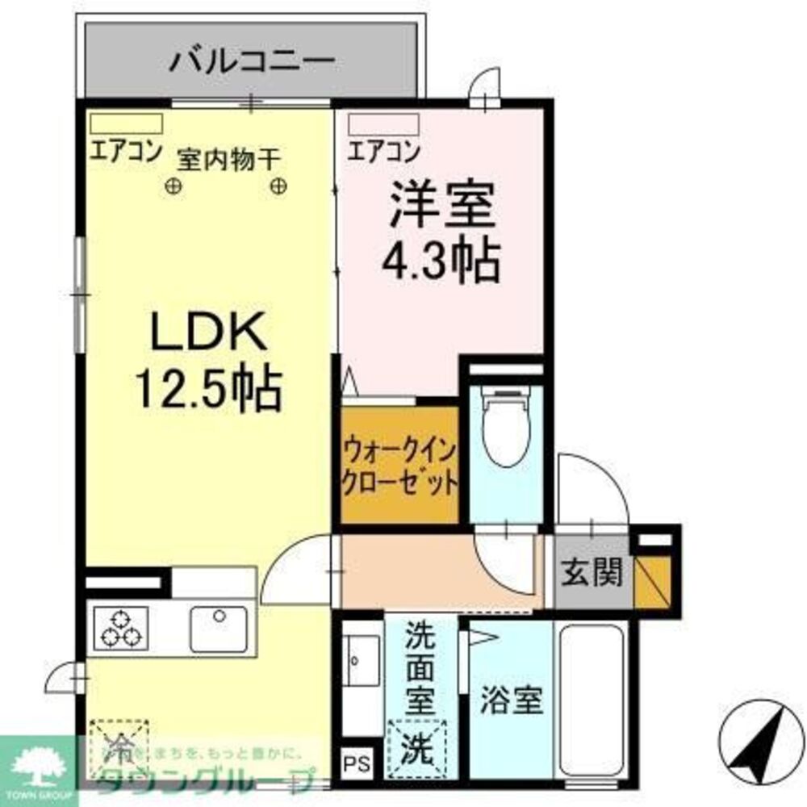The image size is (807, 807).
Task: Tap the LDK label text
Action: click(x=207, y=331)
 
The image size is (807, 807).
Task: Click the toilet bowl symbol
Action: click(x=507, y=428)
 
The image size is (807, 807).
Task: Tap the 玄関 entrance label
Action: click(x=592, y=574)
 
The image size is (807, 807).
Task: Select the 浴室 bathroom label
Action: click(x=512, y=700)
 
